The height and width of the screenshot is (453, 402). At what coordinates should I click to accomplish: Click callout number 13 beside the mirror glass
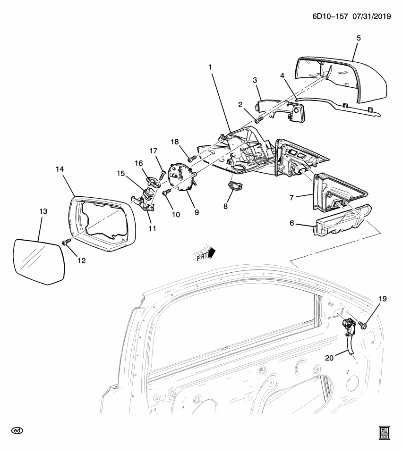[x=43, y=212]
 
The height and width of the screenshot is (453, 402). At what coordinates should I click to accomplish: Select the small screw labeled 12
[x=66, y=242]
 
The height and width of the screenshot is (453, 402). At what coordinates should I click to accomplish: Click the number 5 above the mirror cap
[x=358, y=37]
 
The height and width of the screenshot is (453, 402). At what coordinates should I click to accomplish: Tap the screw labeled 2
[x=257, y=121]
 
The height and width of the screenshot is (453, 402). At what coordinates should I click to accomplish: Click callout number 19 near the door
[x=382, y=298]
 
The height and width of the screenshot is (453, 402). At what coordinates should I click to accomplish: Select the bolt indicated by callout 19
[x=364, y=324]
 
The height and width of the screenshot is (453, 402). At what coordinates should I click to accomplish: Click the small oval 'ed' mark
[x=17, y=431]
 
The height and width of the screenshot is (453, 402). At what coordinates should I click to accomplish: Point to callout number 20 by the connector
[x=330, y=358]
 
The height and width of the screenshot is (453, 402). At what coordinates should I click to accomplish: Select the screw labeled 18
[x=190, y=159]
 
